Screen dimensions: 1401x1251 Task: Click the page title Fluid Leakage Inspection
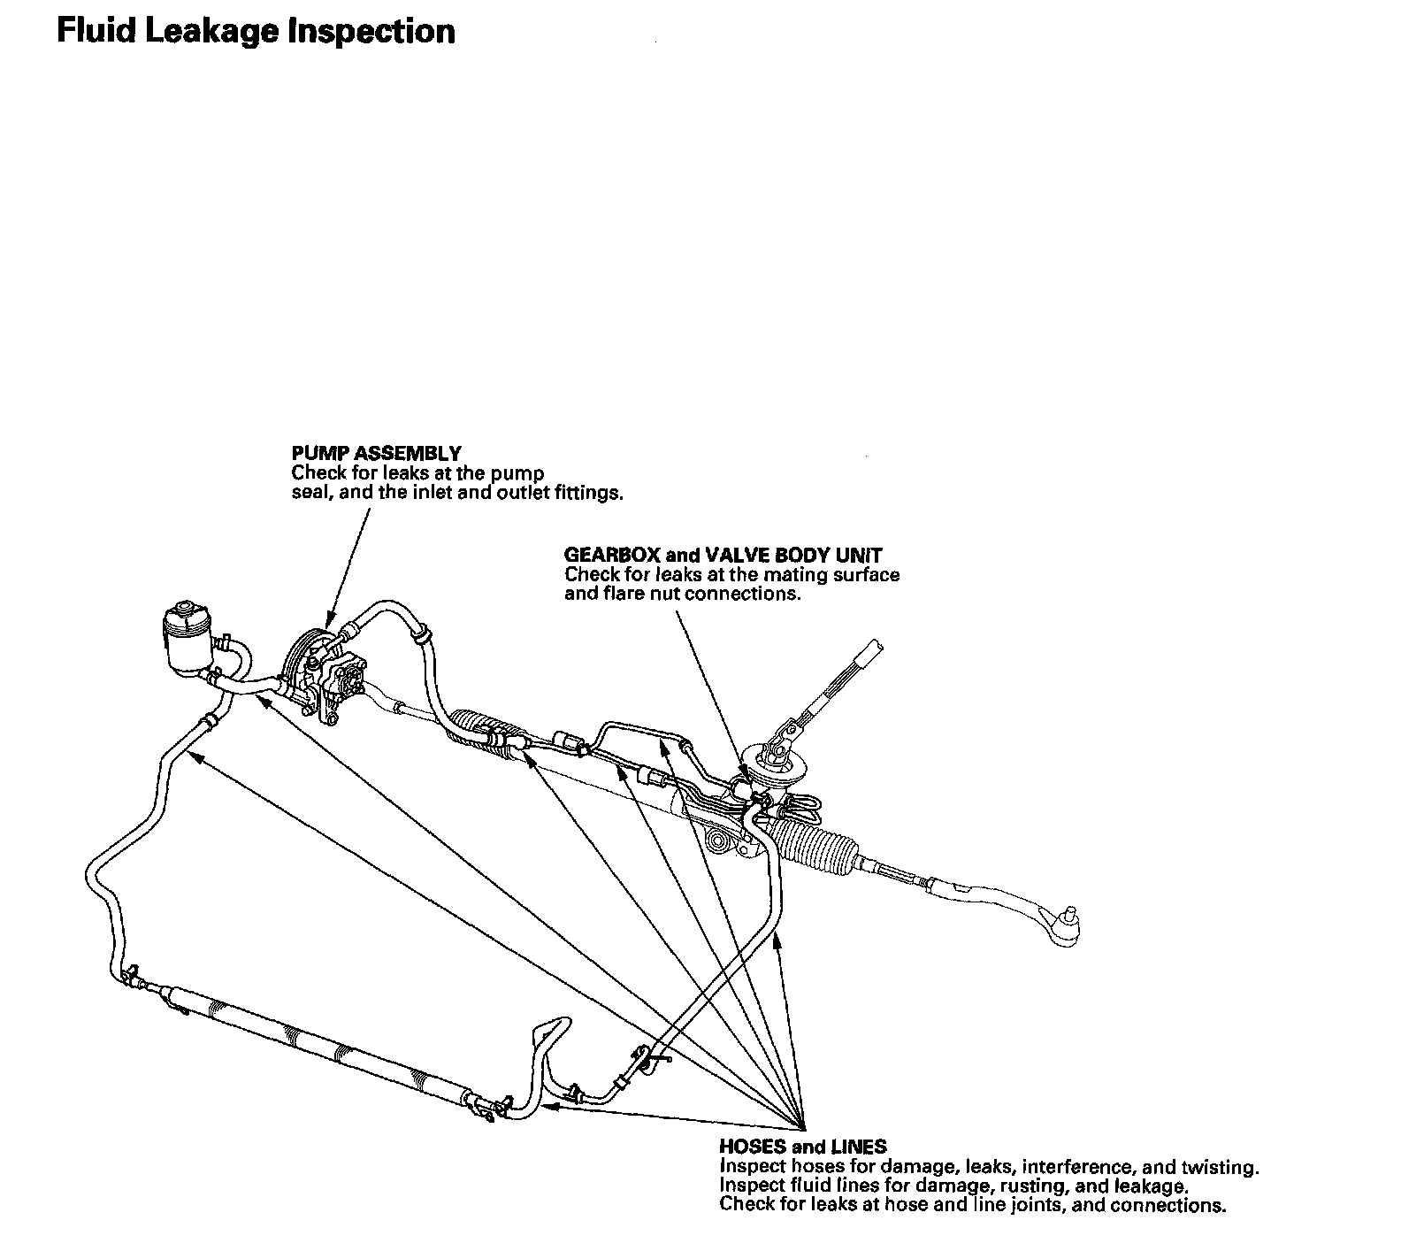click(x=256, y=32)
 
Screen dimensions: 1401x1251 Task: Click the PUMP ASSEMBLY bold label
click(x=376, y=455)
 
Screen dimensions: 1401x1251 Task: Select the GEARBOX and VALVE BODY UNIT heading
click(x=723, y=556)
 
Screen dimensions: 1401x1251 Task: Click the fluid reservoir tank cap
click(x=183, y=611)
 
